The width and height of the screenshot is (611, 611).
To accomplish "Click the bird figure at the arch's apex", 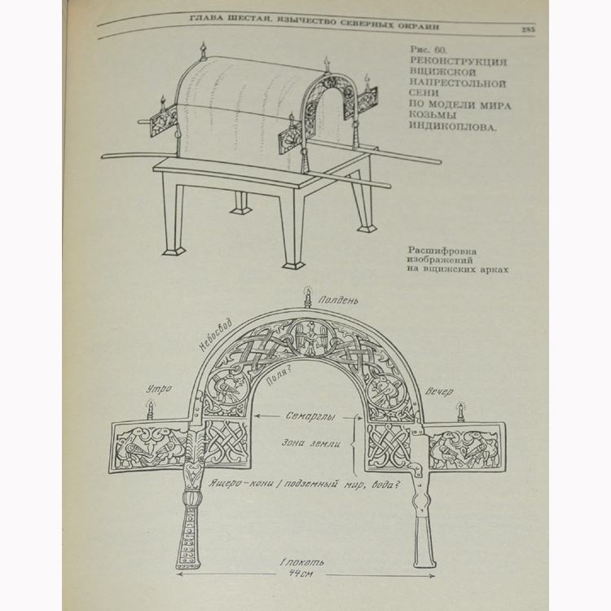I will coord(309,336).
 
